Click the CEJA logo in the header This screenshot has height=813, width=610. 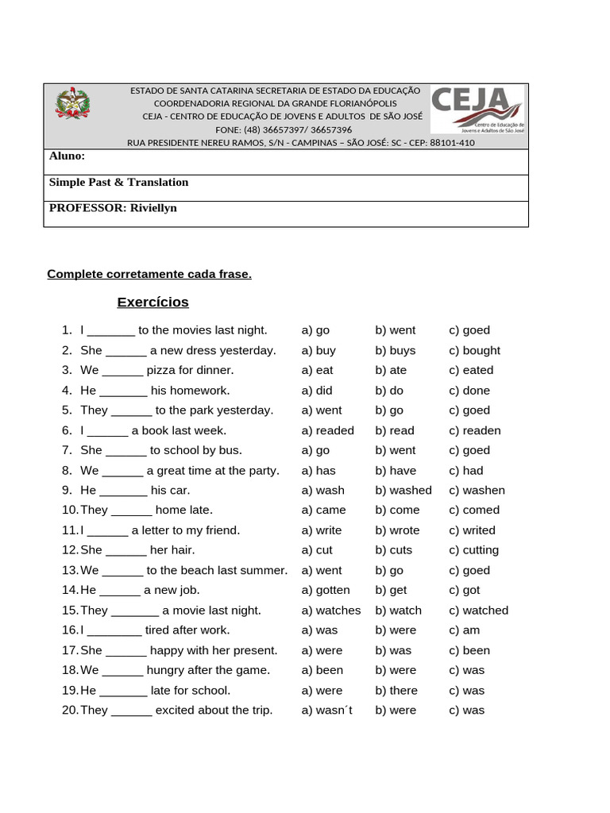click(x=477, y=110)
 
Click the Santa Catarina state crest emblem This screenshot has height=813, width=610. click(x=72, y=105)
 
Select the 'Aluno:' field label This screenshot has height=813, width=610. click(x=67, y=156)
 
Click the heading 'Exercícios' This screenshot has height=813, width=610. click(x=152, y=302)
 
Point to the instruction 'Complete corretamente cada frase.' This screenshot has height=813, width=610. click(x=149, y=275)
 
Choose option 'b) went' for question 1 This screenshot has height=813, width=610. click(x=395, y=330)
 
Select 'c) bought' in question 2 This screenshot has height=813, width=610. click(x=474, y=350)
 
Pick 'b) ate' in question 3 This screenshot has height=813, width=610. click(x=391, y=370)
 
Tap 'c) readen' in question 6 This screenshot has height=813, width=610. click(x=474, y=430)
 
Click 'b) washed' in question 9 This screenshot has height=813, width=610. click(x=403, y=491)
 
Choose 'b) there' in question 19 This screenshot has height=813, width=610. click(x=396, y=691)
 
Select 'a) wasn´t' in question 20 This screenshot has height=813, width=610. click(x=328, y=711)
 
